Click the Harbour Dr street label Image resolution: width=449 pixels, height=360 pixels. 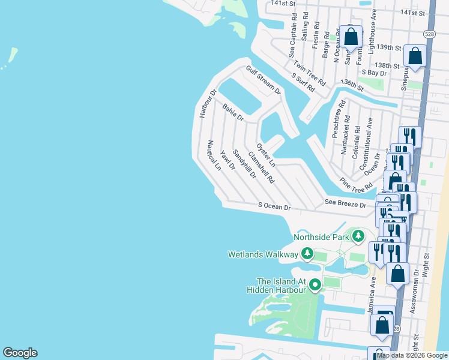pos(208,104)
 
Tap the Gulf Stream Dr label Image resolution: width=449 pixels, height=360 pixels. pos(263,80)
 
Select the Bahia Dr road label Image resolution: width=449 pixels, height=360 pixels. pos(233,112)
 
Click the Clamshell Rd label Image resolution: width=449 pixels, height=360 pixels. pos(261,166)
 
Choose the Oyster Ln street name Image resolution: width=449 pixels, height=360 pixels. pos(265,155)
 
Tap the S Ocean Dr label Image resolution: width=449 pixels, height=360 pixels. pos(274,207)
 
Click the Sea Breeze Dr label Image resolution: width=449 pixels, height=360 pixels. pos(345,203)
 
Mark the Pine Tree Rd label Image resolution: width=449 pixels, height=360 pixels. pos(355,185)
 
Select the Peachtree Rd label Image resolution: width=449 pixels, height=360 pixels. pos(337,118)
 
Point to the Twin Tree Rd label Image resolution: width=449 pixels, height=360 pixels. pos(309,73)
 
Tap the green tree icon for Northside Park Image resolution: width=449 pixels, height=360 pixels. pos(358,236)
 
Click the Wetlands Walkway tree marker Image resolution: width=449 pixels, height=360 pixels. pos(307,254)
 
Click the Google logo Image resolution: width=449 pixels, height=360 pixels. pos(20,352)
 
